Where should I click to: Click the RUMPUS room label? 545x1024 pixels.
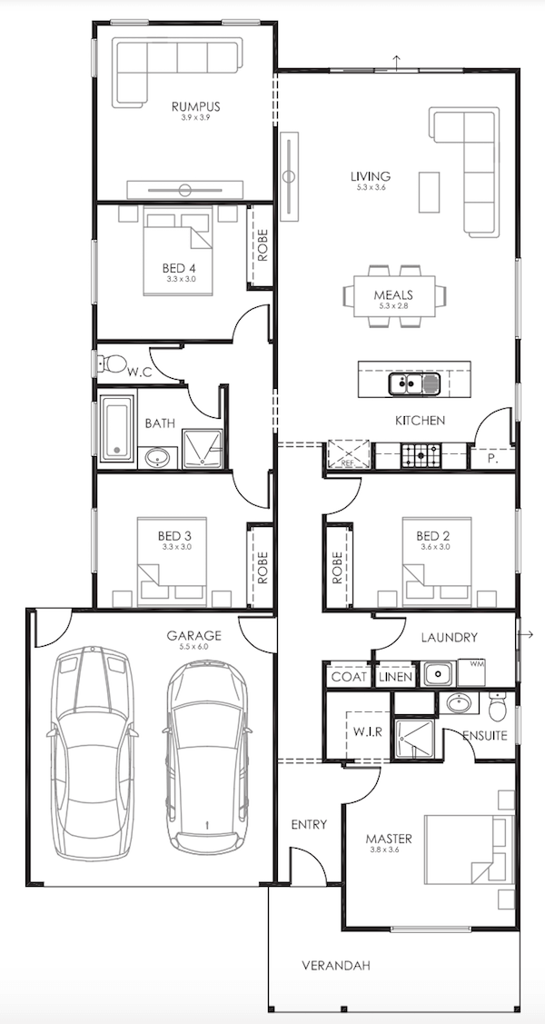196,106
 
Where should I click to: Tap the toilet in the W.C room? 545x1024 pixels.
114,363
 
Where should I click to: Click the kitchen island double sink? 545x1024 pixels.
415,383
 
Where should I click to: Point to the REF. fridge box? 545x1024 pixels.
349,454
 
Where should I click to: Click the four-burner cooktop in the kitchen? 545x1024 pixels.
421,454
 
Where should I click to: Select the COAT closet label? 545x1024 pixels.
349,677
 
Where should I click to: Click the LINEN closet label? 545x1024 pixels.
395,677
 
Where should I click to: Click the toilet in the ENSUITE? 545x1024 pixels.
498,705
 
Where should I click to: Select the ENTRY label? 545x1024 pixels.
309,825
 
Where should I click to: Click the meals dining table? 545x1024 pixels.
394,296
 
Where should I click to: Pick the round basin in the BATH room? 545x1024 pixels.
157,458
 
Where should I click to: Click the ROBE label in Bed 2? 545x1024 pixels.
337,568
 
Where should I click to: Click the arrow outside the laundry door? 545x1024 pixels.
526,634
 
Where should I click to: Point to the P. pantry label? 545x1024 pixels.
493,459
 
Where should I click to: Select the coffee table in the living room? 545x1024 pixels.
430,192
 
